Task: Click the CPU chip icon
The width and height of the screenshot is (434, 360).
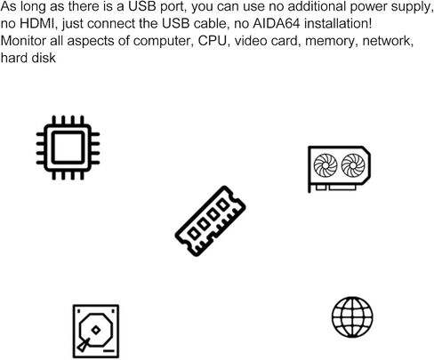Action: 68,148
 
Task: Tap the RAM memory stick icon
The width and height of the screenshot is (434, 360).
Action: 210,221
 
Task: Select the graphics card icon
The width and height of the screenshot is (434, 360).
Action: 339,169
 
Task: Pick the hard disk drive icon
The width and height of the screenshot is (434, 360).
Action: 96,332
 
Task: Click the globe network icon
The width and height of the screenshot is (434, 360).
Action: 352,317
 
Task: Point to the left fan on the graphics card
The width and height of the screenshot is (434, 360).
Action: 325,165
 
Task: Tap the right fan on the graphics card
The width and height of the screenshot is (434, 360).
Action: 353,165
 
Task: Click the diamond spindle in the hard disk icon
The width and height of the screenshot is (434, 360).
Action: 95,330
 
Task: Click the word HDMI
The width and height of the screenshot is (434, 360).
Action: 38,24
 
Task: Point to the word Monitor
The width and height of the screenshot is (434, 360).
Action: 24,41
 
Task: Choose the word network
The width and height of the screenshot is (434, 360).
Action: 388,41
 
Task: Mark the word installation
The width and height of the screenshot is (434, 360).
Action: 338,24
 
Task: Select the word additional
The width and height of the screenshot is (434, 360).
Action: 317,6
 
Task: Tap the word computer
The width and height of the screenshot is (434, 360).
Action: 163,41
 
